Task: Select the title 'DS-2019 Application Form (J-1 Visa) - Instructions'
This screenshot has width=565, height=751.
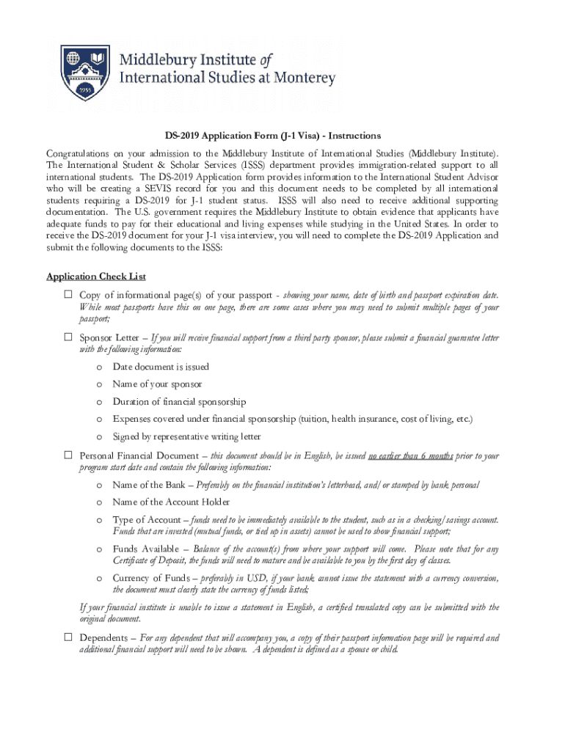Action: coord(272,136)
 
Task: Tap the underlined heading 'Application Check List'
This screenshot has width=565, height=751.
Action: coord(96,276)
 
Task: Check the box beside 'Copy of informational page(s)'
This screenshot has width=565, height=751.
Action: coord(67,295)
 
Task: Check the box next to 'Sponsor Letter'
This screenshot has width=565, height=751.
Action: coord(67,338)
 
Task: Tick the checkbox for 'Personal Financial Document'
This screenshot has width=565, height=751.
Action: coord(67,456)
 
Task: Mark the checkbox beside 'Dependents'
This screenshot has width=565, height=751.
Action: coord(67,638)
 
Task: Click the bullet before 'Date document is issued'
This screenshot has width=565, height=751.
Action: coord(99,367)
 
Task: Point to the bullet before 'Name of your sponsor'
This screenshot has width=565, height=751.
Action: coord(99,384)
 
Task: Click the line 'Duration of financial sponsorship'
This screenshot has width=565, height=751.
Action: coord(179,402)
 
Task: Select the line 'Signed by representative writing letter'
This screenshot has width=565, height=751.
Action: coord(186,437)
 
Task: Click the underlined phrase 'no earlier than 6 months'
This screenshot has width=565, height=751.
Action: coord(410,455)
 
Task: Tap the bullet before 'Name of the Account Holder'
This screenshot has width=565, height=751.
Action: coord(99,502)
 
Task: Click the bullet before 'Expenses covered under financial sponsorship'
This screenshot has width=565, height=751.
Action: coord(99,420)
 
